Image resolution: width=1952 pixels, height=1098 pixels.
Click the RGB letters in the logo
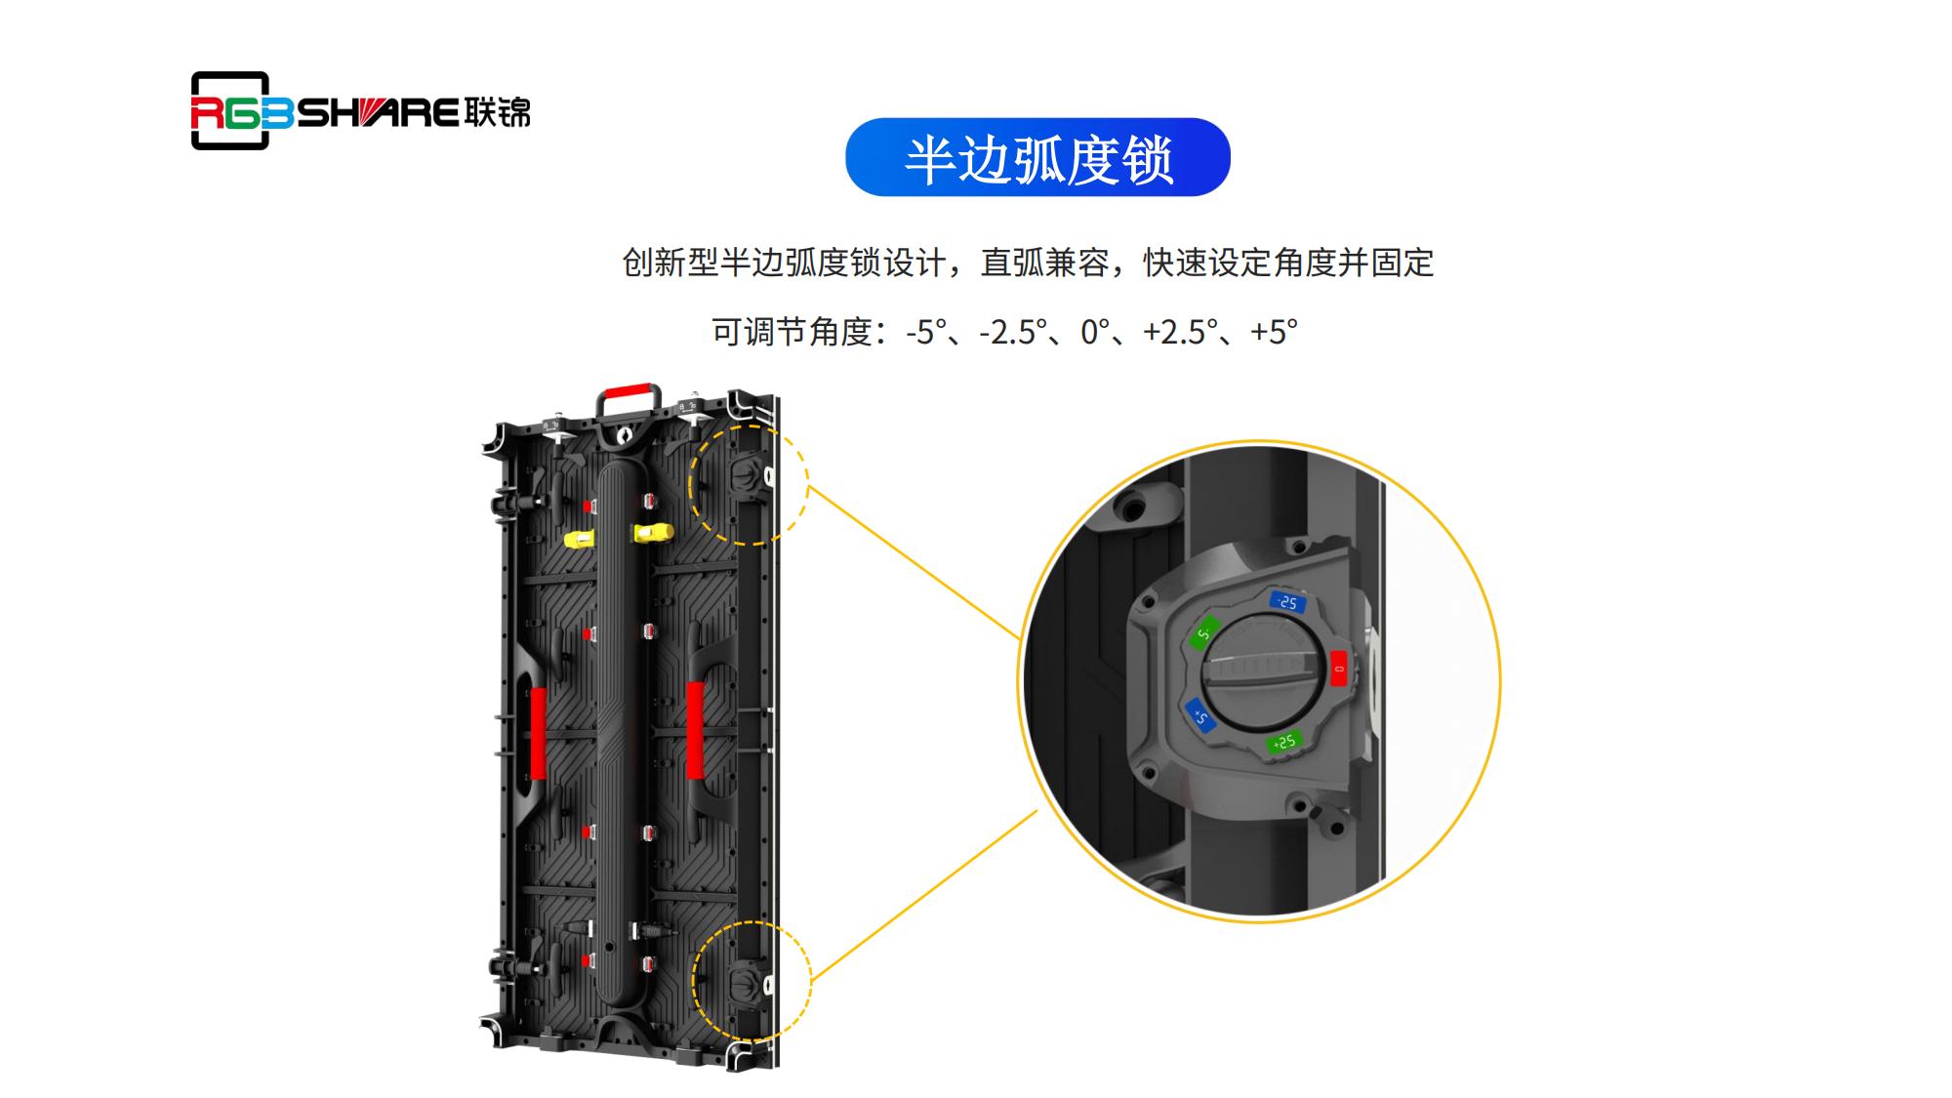point(241,113)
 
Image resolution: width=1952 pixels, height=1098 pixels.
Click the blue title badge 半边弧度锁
point(1037,157)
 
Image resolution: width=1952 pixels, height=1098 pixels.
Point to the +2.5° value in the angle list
point(1180,332)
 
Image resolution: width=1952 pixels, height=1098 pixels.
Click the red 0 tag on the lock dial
point(1338,670)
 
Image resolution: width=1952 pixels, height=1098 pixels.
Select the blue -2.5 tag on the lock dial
point(1286,602)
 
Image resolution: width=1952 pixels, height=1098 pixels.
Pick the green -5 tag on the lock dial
point(1204,634)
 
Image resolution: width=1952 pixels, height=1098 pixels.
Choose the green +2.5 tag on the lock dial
point(1283,743)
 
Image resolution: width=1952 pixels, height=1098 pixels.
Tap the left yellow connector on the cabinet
point(580,540)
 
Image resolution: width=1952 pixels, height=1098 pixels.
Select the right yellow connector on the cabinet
point(653,533)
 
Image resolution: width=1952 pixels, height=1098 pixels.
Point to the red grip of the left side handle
point(538,733)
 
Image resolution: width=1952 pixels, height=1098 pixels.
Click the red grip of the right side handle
point(695,730)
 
